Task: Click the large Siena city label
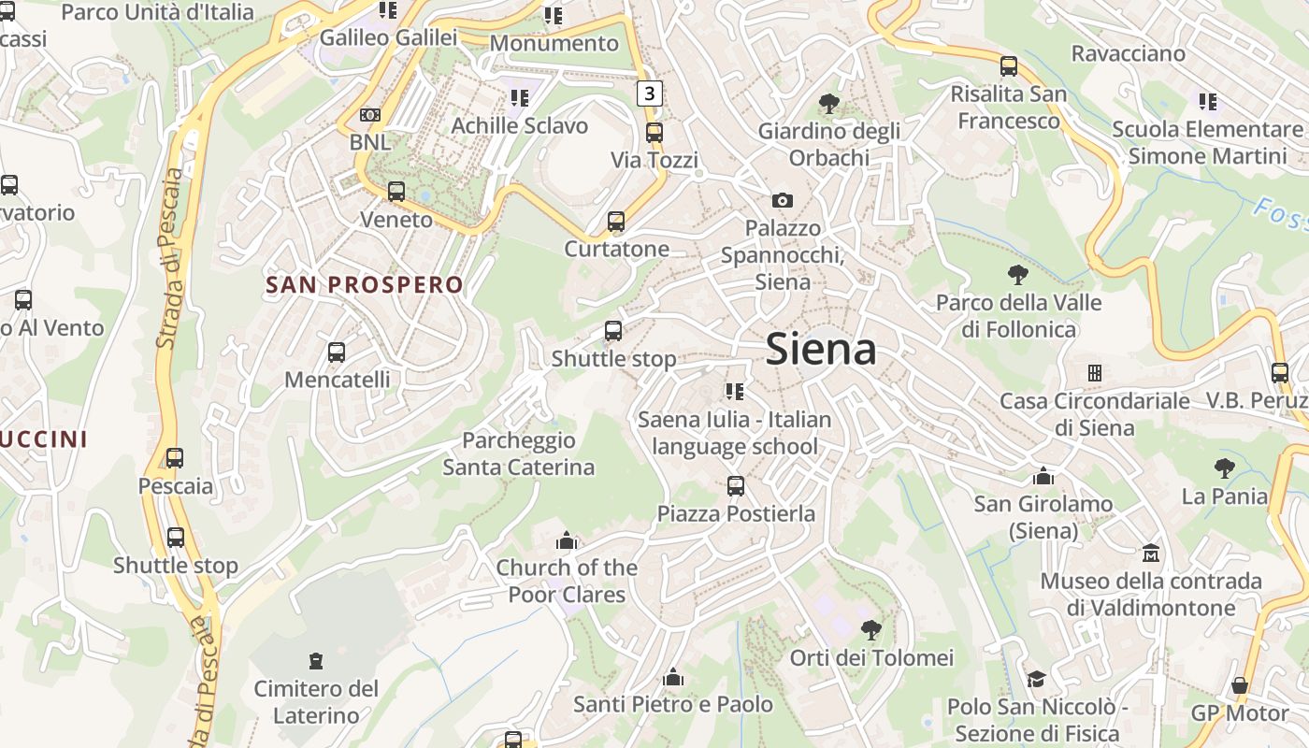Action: click(x=821, y=350)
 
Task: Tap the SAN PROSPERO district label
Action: click(x=365, y=285)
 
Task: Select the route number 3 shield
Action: click(x=650, y=93)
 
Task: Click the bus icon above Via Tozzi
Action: click(x=654, y=133)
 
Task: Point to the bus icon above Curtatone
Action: click(x=616, y=222)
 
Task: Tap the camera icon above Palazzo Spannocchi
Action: click(x=783, y=200)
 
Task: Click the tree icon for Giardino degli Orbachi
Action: click(x=828, y=103)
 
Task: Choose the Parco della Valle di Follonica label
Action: click(x=1018, y=316)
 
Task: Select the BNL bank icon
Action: click(x=370, y=115)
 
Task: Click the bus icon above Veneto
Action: click(x=396, y=192)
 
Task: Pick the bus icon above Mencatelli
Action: click(x=337, y=352)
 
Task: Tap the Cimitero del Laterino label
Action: click(x=316, y=702)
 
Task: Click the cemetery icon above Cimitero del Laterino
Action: click(x=316, y=661)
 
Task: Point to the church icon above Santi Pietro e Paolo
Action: click(x=672, y=677)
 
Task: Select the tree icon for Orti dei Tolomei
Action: click(x=870, y=629)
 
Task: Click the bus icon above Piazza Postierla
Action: click(x=736, y=486)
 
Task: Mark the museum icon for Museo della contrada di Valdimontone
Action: click(x=1151, y=554)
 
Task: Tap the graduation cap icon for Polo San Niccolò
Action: click(x=1036, y=679)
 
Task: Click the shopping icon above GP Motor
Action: click(x=1240, y=685)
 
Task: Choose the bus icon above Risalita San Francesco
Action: click(x=1009, y=66)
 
